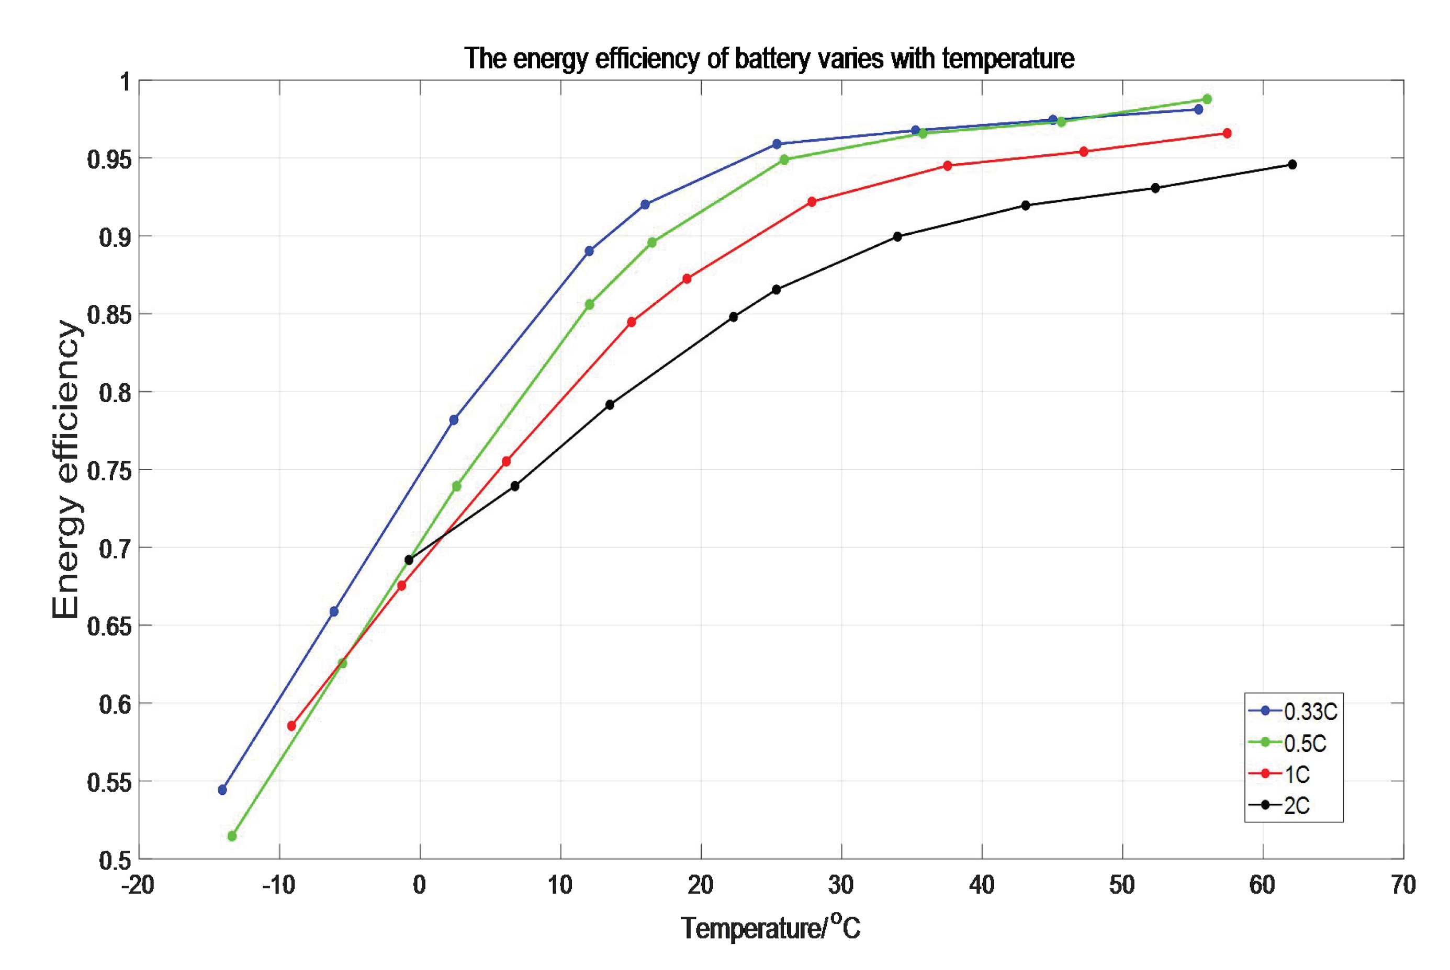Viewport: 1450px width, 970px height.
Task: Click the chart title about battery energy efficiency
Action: click(x=769, y=59)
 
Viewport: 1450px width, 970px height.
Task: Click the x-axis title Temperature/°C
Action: click(x=770, y=928)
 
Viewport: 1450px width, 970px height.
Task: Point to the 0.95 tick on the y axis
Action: click(x=109, y=159)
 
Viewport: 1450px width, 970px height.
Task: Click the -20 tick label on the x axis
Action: click(x=138, y=885)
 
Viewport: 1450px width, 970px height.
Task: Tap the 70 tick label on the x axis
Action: click(x=1403, y=885)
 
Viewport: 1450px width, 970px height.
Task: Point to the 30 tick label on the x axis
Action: click(x=841, y=885)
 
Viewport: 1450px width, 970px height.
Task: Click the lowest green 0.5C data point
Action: click(x=232, y=836)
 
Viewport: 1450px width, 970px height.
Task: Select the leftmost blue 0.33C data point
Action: click(x=223, y=790)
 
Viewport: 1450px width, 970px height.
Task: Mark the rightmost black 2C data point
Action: click(x=1292, y=165)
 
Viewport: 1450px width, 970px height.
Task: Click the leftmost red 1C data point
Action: click(x=291, y=726)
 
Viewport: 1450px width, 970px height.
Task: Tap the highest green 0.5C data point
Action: click(x=1207, y=99)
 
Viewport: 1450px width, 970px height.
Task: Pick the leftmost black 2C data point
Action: click(x=409, y=560)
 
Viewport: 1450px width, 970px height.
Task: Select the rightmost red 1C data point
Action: click(x=1227, y=133)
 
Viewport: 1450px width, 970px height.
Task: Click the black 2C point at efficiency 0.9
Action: click(x=897, y=236)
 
